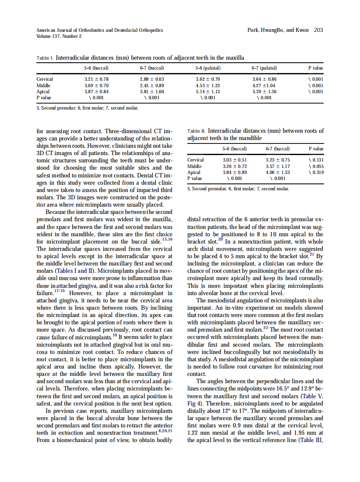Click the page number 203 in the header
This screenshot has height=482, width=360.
(x=319, y=30)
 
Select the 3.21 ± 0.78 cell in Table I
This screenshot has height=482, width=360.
(x=96, y=79)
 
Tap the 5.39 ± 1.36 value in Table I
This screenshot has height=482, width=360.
(x=264, y=92)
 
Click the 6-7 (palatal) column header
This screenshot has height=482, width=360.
(x=264, y=68)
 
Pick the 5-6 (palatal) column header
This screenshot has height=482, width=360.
(x=208, y=68)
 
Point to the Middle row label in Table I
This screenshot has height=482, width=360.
(x=43, y=85)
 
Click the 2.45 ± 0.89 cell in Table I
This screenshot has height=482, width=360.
(x=152, y=85)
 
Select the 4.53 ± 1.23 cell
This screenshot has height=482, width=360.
(x=208, y=85)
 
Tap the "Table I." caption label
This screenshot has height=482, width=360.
(x=45, y=58)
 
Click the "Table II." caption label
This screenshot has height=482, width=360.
(x=197, y=131)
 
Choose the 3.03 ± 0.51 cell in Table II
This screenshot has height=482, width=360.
(x=235, y=160)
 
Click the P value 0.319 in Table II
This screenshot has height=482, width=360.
(x=316, y=172)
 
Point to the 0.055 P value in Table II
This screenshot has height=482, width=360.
(x=316, y=166)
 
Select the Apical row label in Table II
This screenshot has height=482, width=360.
(x=194, y=172)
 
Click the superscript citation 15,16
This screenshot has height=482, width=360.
(x=166, y=239)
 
